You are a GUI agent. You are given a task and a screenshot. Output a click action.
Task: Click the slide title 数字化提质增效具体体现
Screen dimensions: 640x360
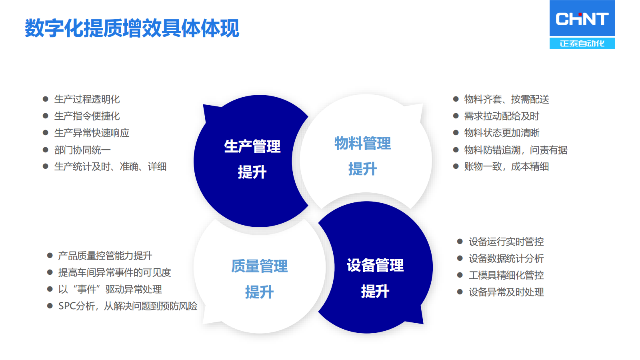tap(132, 28)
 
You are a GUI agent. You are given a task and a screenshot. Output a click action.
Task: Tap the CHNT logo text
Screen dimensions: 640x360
tap(582, 19)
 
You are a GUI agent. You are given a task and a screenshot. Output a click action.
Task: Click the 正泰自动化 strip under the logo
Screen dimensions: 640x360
tap(582, 44)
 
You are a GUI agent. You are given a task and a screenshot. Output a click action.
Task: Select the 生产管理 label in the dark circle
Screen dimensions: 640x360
tap(252, 146)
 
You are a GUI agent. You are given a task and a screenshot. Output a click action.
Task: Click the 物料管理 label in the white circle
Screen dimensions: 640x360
tap(362, 143)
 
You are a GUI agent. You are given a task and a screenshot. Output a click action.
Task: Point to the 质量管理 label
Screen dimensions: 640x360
tap(260, 266)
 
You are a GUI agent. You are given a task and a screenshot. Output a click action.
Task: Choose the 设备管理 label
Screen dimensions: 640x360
tap(375, 265)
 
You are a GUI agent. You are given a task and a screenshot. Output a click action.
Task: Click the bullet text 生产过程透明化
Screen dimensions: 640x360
tap(87, 100)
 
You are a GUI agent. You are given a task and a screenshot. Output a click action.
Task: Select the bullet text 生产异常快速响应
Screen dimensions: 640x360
tap(92, 133)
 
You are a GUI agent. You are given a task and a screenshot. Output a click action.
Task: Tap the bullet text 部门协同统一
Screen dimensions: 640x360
tap(82, 150)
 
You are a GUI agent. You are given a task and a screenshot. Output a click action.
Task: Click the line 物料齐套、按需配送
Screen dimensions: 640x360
tap(506, 100)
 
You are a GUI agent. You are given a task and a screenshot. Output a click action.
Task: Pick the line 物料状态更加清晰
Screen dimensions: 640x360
tap(502, 133)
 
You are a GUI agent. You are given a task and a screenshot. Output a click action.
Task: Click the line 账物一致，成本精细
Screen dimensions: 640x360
tap(506, 166)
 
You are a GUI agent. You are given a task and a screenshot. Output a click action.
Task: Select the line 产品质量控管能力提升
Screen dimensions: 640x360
tap(105, 256)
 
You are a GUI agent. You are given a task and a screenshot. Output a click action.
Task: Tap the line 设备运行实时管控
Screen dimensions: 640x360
tap(506, 242)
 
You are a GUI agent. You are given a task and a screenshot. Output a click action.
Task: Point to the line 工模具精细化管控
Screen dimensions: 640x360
tap(506, 276)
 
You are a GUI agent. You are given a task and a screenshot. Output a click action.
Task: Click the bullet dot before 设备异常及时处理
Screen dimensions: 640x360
tap(460, 292)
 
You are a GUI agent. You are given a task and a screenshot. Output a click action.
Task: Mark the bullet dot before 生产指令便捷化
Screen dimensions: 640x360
tap(46, 116)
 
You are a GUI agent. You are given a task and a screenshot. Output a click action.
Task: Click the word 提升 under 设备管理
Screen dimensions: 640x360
tap(375, 292)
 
